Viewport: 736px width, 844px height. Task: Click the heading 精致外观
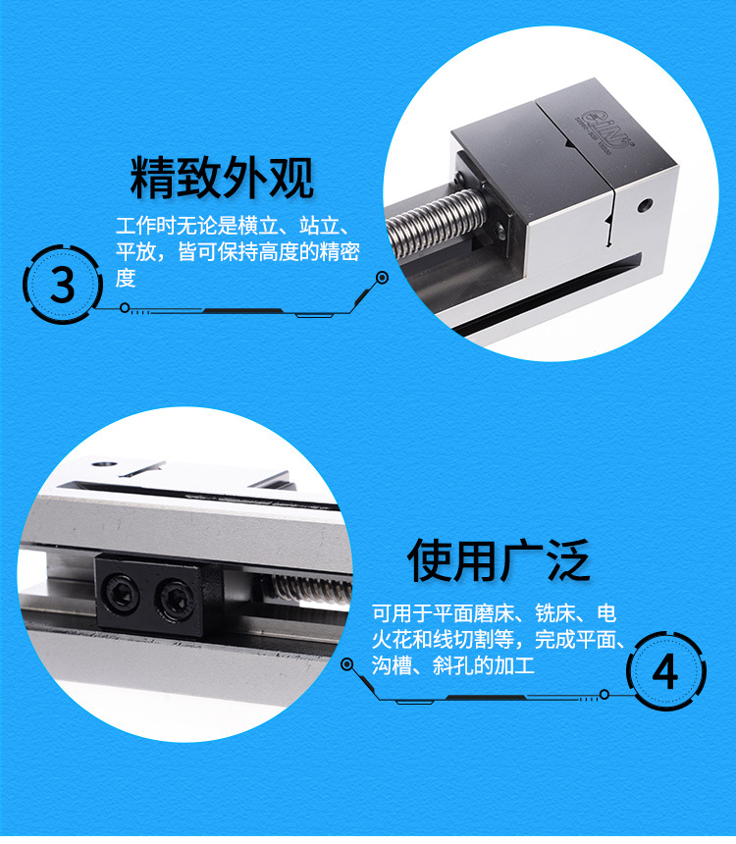click(222, 178)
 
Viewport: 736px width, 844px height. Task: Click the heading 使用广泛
click(499, 560)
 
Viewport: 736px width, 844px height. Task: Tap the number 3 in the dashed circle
click(63, 285)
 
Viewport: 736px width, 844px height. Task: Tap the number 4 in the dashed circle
click(665, 671)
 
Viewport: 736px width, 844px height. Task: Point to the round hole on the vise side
click(644, 205)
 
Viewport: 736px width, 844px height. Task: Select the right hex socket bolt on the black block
click(173, 600)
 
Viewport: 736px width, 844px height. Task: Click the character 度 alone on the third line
click(126, 279)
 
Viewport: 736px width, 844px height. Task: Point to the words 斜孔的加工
click(483, 666)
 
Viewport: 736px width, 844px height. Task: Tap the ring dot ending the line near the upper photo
click(383, 278)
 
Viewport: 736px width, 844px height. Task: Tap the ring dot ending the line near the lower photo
click(347, 664)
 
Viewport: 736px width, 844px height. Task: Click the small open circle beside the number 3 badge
click(125, 308)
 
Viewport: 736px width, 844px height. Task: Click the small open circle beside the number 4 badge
click(605, 695)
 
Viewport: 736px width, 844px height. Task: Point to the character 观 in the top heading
click(291, 178)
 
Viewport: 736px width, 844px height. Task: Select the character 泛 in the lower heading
click(568, 560)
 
